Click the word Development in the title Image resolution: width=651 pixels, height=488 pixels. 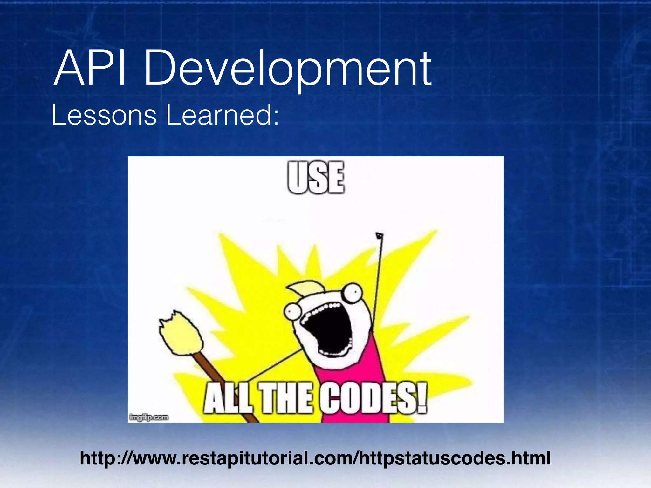(288, 69)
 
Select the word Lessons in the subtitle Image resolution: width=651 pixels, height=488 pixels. (104, 115)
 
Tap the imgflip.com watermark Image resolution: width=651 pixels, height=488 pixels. (149, 417)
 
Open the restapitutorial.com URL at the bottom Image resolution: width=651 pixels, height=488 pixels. (315, 458)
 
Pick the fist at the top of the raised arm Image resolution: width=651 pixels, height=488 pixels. (379, 236)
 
